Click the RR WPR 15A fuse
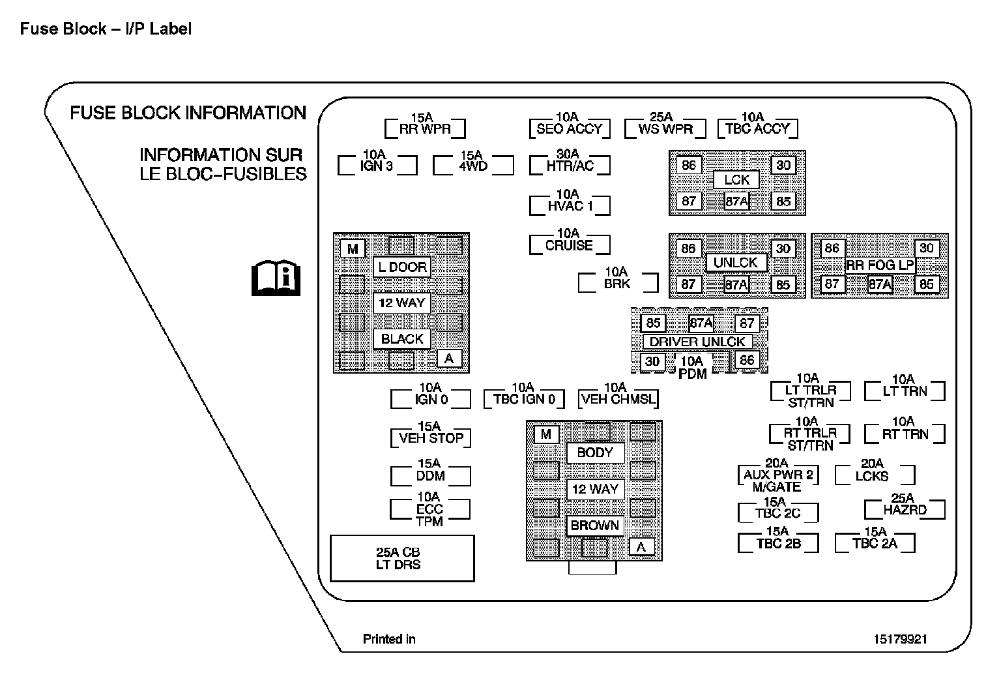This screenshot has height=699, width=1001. point(425,128)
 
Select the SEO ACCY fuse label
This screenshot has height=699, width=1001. point(569,128)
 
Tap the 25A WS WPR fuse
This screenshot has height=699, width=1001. point(665,128)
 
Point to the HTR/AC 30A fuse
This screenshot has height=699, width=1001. point(570,165)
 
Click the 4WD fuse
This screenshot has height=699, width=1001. point(472,165)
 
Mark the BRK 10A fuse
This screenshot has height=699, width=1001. point(617,282)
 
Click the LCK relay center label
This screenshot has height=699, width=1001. point(736,179)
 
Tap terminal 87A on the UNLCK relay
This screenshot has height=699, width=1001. point(736,284)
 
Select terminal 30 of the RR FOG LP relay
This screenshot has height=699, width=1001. point(926,248)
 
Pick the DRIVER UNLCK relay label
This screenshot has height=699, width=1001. point(697,341)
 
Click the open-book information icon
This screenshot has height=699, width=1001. point(276,278)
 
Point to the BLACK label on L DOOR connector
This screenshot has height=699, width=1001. point(402,338)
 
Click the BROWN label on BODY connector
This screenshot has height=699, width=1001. point(594,525)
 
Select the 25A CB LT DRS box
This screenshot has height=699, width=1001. point(402,558)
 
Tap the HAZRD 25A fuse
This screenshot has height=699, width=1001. point(905,509)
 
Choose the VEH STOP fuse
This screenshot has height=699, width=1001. point(431,438)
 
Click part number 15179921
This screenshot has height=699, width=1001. point(900,639)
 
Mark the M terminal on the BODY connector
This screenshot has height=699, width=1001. point(546,434)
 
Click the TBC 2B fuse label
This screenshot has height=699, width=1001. point(778,543)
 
